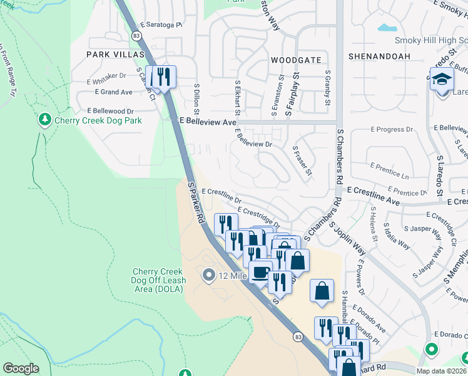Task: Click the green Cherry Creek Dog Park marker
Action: (x=44, y=119)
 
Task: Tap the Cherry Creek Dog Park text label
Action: (x=98, y=120)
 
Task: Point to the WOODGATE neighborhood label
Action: (x=296, y=60)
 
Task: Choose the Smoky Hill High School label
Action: (x=430, y=41)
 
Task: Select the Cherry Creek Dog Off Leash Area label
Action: (x=158, y=281)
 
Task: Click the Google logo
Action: (x=21, y=368)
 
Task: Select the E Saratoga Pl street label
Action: (x=161, y=25)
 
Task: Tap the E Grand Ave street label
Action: (x=113, y=92)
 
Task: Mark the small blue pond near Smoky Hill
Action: (x=387, y=28)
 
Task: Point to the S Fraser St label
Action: (x=302, y=162)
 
